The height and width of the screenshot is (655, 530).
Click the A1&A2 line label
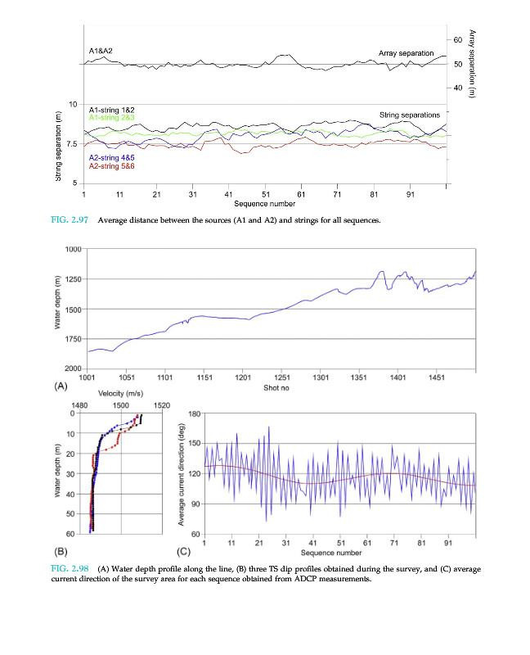coord(101,51)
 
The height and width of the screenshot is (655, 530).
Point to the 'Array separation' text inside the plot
coord(406,53)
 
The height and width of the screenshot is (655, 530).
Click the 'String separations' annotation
coord(410,115)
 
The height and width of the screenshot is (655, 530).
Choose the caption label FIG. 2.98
coord(71,568)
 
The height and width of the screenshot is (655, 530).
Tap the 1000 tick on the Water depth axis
coord(72,248)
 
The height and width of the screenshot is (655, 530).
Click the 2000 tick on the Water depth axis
coord(72,369)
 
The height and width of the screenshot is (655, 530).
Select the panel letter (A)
coord(61,386)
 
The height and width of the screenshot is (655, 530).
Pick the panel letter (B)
coord(61,551)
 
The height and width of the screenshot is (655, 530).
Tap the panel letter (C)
coord(184,551)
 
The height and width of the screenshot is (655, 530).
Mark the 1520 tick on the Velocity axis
coord(162,404)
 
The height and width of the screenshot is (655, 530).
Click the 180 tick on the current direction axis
coord(195,414)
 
